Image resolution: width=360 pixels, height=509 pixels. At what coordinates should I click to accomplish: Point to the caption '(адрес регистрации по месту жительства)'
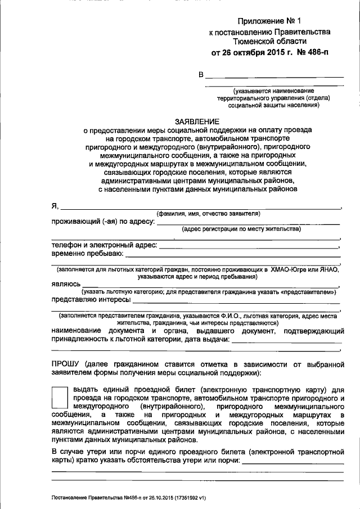click(241, 229)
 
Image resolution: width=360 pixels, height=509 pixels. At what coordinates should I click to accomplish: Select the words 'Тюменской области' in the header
click(270, 42)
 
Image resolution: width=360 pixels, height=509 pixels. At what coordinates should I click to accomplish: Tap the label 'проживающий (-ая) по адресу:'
click(103, 222)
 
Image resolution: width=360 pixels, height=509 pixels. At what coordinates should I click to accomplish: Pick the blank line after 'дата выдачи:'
click(287, 341)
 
